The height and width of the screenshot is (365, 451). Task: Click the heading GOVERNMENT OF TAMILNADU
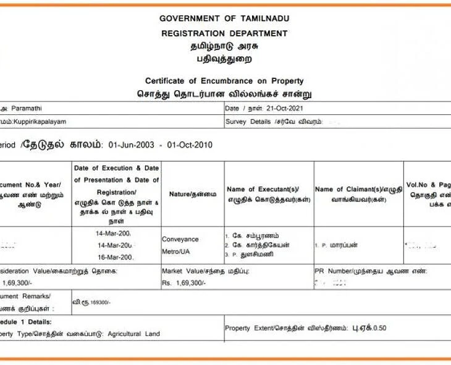tap(224, 19)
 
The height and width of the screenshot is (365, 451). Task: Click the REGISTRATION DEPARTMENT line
tap(224, 33)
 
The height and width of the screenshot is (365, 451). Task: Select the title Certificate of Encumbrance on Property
tap(224, 81)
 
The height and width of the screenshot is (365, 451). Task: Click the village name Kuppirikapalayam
tap(39, 122)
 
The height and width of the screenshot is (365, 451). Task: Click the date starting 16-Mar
tap(115, 257)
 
